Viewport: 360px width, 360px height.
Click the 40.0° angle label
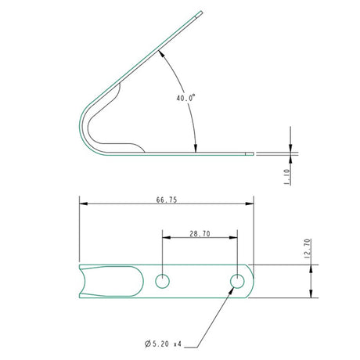click(x=185, y=99)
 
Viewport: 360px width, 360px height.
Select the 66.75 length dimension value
click(x=167, y=200)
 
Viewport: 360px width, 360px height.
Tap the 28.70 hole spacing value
click(x=199, y=234)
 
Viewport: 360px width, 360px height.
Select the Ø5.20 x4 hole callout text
click(x=164, y=344)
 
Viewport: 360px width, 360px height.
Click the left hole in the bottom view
click(x=162, y=281)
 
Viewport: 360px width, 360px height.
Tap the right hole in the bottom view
click(x=236, y=281)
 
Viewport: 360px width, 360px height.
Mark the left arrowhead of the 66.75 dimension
click(x=82, y=206)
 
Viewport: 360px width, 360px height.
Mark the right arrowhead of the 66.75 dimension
click(x=251, y=206)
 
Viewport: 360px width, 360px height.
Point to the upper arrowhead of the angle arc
click(x=160, y=52)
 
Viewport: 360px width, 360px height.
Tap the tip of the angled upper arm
click(x=201, y=12)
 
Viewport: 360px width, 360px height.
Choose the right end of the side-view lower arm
click(x=252, y=153)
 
